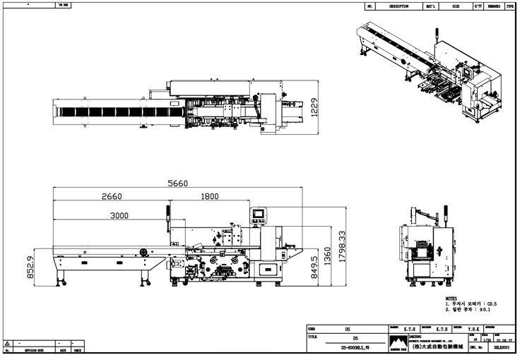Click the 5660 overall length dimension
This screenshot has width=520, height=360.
tap(177, 183)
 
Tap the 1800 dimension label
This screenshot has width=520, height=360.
tap(209, 197)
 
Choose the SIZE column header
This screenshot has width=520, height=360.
tap(456, 6)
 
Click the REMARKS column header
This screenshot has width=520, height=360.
tap(492, 6)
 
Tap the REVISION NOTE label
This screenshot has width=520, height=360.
tap(33, 350)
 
